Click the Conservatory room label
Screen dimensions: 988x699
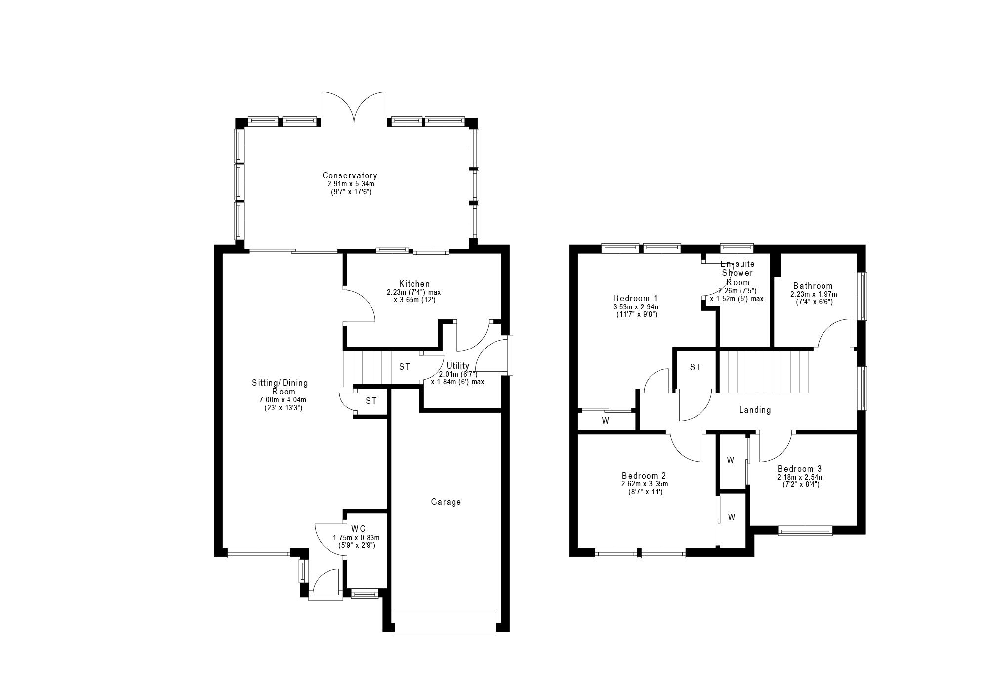(x=350, y=175)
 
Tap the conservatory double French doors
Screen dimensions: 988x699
(x=354, y=107)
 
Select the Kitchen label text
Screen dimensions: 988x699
(x=414, y=284)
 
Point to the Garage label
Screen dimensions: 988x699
(x=446, y=502)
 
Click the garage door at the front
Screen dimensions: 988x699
(x=445, y=623)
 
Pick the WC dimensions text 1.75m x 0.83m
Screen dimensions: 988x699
(x=356, y=538)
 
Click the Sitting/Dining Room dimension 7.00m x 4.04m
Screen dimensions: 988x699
(x=280, y=400)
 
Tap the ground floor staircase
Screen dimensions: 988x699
(x=367, y=369)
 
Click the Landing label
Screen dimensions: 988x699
(x=755, y=410)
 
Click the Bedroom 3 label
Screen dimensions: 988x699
(x=799, y=469)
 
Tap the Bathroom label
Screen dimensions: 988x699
(x=813, y=286)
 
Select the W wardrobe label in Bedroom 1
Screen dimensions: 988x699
(x=605, y=421)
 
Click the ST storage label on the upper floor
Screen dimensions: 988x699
(x=696, y=367)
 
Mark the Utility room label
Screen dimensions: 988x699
(x=457, y=366)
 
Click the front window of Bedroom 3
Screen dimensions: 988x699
(x=805, y=531)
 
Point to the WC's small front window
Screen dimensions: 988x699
(x=365, y=594)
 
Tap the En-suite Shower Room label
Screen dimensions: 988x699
(x=738, y=273)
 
